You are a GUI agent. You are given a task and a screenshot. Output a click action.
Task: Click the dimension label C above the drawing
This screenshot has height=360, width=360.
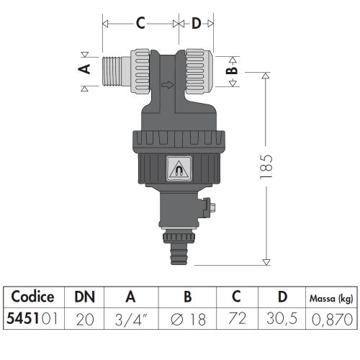[142, 24]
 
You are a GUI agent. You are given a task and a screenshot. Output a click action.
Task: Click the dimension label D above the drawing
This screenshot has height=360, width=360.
[197, 24]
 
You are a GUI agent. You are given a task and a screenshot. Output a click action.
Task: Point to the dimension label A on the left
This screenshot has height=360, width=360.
[85, 69]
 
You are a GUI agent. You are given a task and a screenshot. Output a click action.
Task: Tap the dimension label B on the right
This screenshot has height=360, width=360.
[232, 71]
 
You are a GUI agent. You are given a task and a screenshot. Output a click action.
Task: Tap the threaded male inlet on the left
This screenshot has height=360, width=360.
[114, 70]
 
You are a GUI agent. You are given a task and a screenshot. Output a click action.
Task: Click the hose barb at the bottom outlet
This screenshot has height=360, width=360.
[177, 252]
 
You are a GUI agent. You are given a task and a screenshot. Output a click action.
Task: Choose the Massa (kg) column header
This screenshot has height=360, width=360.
[330, 296]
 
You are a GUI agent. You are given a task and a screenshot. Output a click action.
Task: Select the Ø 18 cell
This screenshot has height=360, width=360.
[188, 317]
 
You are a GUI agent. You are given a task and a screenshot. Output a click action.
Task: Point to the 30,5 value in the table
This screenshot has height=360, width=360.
[283, 317]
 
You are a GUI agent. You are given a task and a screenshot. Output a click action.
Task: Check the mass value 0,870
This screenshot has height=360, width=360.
[330, 317]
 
